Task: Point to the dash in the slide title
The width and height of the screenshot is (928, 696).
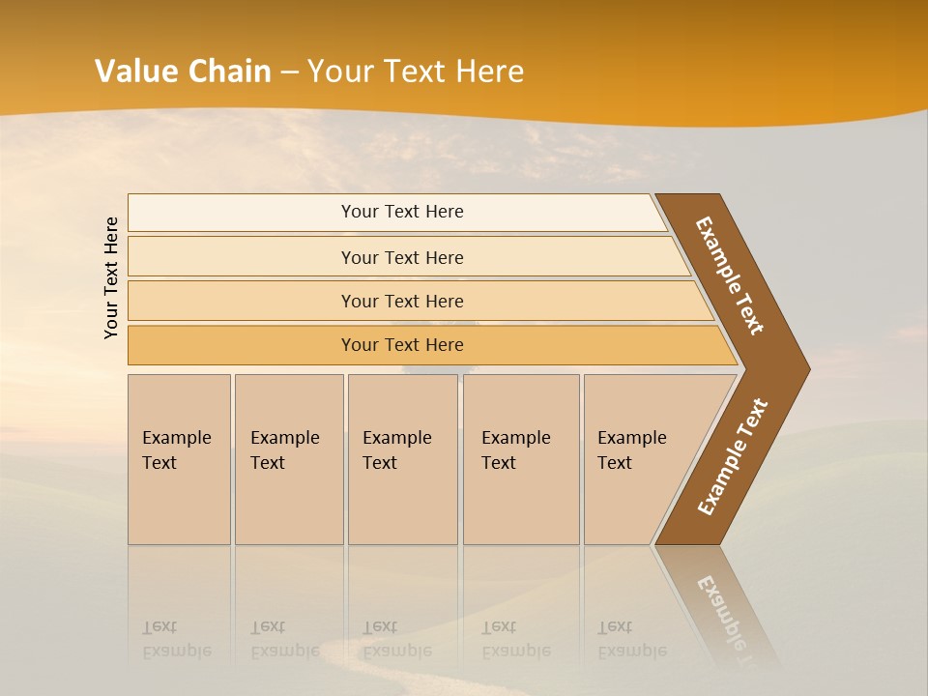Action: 289,72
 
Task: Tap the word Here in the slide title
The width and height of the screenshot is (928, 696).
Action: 489,72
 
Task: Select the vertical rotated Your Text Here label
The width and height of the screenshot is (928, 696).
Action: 111,277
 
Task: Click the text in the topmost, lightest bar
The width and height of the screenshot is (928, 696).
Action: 402,212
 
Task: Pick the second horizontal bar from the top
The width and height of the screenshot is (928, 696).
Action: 402,257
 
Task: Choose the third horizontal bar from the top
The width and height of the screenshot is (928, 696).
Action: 402,301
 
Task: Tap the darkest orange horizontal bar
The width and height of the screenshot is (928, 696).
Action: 402,345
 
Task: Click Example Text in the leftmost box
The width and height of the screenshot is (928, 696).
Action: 176,450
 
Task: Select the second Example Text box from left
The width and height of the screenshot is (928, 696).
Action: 284,450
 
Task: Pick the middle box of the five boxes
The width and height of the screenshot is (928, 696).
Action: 396,450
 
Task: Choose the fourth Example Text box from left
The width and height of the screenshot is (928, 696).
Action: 515,450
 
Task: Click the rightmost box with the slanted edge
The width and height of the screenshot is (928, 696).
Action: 632,450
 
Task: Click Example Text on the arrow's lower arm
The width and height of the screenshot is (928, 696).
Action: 732,457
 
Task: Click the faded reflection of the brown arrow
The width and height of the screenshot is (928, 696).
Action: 720,609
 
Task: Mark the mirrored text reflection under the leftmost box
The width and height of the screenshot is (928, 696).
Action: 176,639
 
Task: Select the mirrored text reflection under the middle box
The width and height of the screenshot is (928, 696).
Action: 396,639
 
